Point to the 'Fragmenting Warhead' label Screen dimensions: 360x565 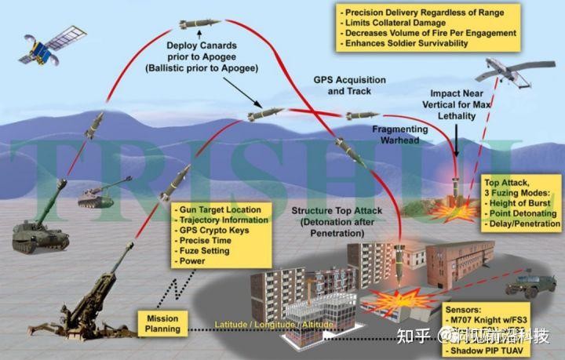point(399,134)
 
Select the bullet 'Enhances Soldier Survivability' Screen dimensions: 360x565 point(407,44)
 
